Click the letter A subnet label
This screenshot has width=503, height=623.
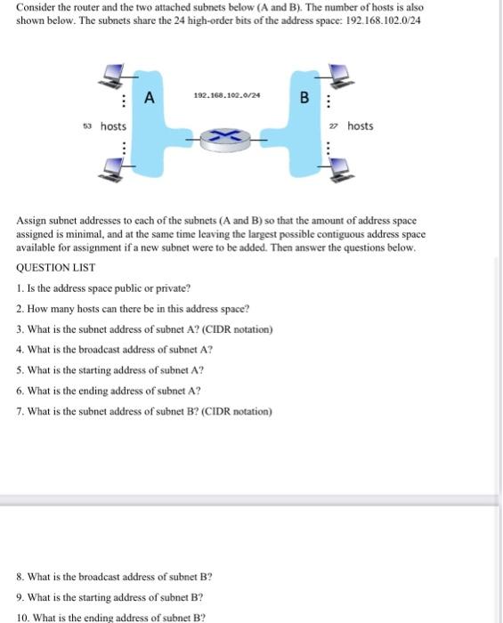tap(150, 96)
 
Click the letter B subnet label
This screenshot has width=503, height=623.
tap(303, 97)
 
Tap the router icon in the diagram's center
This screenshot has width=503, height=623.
tap(226, 135)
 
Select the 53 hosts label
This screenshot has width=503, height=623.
tap(106, 126)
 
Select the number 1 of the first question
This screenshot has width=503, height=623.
tap(20, 288)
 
